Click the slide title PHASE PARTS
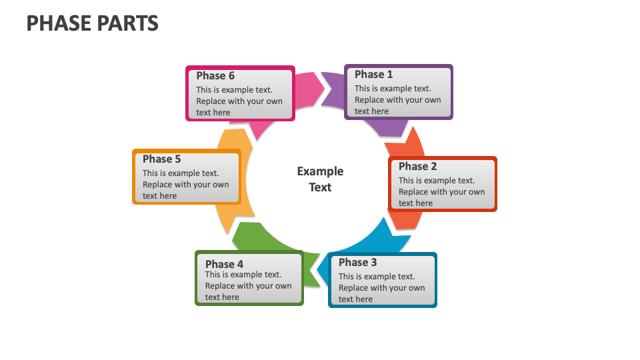[92, 23]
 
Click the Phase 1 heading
[373, 75]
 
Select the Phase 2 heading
[417, 167]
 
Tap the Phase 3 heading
[357, 263]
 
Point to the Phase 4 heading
[224, 264]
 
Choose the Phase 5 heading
[161, 159]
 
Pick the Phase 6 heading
[215, 76]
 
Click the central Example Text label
[320, 179]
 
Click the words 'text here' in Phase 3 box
[355, 299]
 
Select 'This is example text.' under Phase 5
[181, 173]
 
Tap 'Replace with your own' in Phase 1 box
[397, 100]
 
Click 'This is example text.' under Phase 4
[243, 275]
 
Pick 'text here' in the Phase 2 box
[415, 203]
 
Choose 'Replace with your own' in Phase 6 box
[239, 101]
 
